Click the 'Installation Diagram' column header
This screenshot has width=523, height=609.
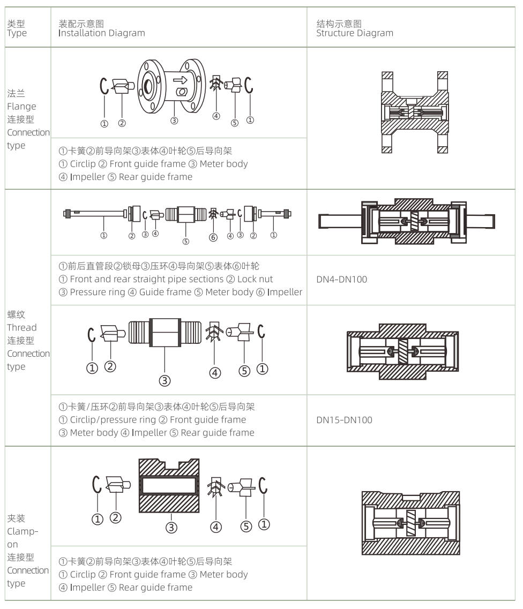[x=102, y=33]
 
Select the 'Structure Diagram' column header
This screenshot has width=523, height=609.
[x=354, y=33]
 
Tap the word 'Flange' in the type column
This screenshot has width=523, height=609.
[x=21, y=106]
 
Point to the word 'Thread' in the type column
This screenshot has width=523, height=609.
[x=22, y=327]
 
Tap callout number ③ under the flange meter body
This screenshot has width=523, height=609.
[x=174, y=121]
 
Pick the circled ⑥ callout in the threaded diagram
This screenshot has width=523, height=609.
[x=213, y=238]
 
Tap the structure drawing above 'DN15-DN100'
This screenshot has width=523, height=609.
[x=402, y=351]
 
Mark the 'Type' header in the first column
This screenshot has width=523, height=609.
[x=17, y=33]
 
